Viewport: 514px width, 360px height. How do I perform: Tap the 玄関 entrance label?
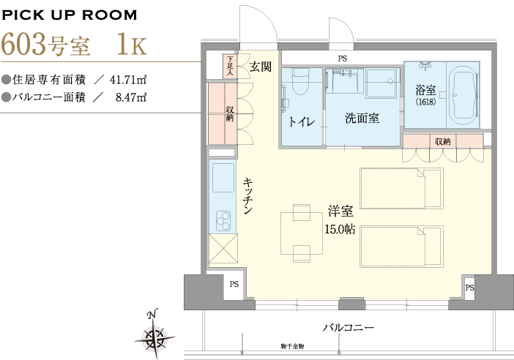pos(261,67)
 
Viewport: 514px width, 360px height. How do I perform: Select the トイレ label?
pos(301,121)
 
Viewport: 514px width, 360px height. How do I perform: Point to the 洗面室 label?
pos(362,118)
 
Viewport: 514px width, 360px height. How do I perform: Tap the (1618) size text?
pos(425,102)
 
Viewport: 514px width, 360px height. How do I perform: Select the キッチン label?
pos(247,196)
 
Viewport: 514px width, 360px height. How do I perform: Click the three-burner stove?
pos(223,220)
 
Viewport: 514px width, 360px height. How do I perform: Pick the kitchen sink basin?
pos(223,178)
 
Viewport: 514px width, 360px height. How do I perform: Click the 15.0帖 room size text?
pos(340,229)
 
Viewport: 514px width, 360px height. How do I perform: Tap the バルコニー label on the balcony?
pos(348,328)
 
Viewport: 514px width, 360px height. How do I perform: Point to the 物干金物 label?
pos(292,346)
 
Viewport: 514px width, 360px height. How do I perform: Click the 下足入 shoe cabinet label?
pos(230,66)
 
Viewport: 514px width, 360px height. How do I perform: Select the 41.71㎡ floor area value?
pos(128,80)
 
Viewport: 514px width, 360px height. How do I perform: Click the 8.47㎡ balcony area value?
pos(131,97)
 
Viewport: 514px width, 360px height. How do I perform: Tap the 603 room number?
pos(23,44)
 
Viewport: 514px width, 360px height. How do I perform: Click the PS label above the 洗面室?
pos(342,59)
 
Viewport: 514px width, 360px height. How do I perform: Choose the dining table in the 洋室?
pos(302,233)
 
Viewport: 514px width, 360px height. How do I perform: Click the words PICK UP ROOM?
pos(69,15)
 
